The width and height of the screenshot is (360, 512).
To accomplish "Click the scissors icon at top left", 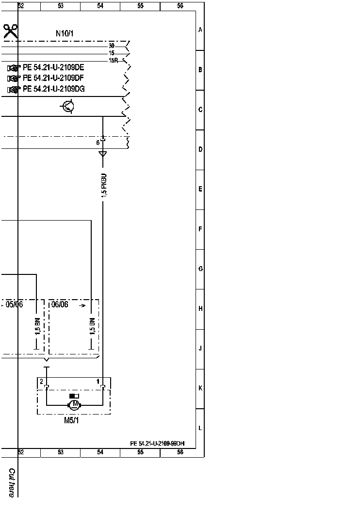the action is pyautogui.click(x=11, y=32).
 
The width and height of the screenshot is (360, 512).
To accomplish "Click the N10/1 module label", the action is pyautogui.click(x=65, y=33).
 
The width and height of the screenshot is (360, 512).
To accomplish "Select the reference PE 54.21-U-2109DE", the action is pyautogui.click(x=53, y=67).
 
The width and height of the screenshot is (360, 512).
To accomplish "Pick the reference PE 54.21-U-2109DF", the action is pyautogui.click(x=53, y=78).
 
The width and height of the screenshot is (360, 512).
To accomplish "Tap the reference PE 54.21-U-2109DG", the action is pyautogui.click(x=53, y=89).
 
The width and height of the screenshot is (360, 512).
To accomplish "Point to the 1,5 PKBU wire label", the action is pyautogui.click(x=104, y=185).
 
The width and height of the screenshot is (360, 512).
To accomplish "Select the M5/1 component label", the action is pyautogui.click(x=71, y=420).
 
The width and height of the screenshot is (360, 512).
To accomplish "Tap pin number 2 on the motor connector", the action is pyautogui.click(x=42, y=382).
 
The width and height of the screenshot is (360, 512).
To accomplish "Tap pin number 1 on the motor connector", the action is pyautogui.click(x=98, y=382).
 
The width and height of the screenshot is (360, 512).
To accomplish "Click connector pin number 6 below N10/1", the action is pyautogui.click(x=98, y=143).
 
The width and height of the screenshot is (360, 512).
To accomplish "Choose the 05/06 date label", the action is pyautogui.click(x=15, y=304).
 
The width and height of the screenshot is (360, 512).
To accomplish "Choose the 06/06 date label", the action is pyautogui.click(x=60, y=304).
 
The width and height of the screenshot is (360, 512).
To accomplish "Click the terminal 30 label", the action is pyautogui.click(x=112, y=46).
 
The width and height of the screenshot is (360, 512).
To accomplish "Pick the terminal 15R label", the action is pyautogui.click(x=114, y=61).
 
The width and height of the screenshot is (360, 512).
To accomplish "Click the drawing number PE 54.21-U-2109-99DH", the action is pyautogui.click(x=157, y=444).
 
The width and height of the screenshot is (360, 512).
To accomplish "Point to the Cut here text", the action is pyautogui.click(x=12, y=482).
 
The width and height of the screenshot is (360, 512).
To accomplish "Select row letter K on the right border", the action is pyautogui.click(x=200, y=388).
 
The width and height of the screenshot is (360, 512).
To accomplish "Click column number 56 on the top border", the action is pyautogui.click(x=180, y=6).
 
